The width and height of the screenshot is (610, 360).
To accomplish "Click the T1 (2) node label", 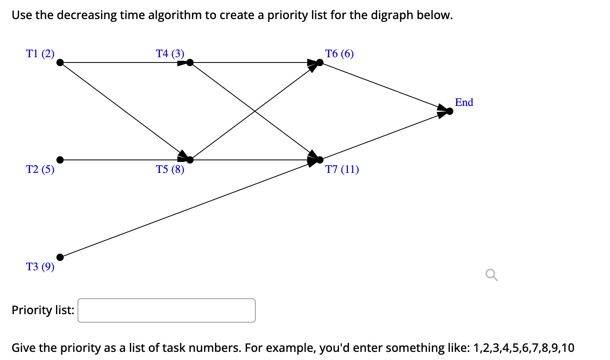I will (x=40, y=54).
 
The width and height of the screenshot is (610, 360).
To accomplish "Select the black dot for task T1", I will (x=60, y=63).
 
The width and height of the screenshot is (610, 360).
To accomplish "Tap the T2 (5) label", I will (x=40, y=169).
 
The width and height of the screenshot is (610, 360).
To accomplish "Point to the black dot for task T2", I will (x=60, y=160).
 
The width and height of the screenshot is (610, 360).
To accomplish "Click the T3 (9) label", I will (x=40, y=266).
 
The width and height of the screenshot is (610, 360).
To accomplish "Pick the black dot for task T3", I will (x=60, y=257).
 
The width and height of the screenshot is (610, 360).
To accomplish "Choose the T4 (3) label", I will (x=170, y=54).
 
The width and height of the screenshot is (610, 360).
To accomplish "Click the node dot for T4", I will (x=190, y=63).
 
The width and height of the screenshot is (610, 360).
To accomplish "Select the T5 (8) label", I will (x=170, y=169).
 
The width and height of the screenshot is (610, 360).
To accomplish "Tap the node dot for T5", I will (x=190, y=160).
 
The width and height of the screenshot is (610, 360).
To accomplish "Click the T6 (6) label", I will (x=339, y=54).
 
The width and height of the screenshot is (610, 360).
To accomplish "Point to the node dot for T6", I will (x=320, y=63).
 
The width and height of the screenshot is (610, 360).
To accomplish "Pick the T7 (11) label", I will (x=342, y=169).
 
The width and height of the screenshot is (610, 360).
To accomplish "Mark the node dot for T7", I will (x=320, y=160).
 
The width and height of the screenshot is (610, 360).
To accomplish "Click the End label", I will (x=464, y=102).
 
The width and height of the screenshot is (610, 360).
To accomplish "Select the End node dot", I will (x=450, y=111).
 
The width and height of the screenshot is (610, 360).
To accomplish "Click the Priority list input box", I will (x=166, y=310).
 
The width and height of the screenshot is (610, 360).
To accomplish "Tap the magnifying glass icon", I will (x=491, y=275).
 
